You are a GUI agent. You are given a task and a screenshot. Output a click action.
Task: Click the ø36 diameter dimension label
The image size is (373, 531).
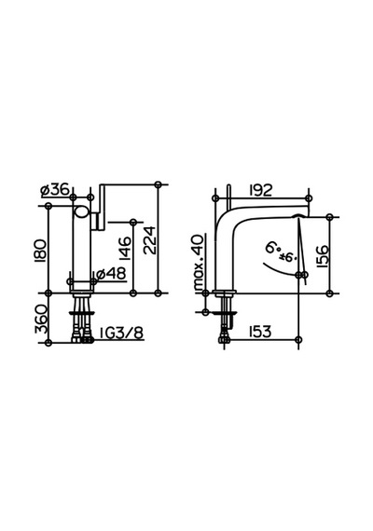pyautogui.click(x=55, y=190)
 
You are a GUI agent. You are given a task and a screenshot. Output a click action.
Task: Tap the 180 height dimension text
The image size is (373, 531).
pyautogui.click(x=40, y=251)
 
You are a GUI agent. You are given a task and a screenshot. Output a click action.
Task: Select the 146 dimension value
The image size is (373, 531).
pyautogui.click(x=125, y=248)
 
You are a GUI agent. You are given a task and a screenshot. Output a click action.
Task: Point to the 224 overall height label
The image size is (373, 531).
pyautogui.click(x=149, y=240)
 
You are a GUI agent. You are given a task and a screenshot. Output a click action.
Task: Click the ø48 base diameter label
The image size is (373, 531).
pyautogui.click(x=111, y=274)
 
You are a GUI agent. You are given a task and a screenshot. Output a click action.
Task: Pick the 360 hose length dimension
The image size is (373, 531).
pyautogui.click(x=40, y=319)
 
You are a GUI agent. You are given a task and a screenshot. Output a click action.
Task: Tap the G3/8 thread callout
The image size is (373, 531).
pyautogui.click(x=122, y=334)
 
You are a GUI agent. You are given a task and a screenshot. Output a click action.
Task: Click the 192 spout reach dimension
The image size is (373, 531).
pyautogui.click(x=260, y=190)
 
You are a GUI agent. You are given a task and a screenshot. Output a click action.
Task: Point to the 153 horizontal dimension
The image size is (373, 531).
pyautogui.click(x=260, y=332)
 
